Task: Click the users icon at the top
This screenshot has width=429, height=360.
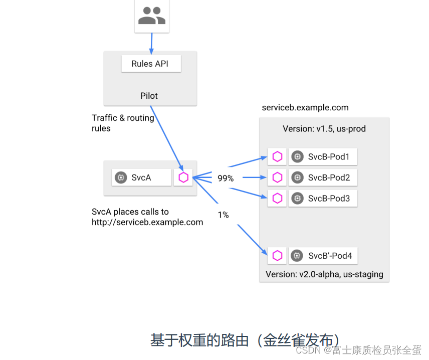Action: pyautogui.click(x=151, y=16)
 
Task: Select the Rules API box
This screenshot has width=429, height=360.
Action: pyautogui.click(x=151, y=64)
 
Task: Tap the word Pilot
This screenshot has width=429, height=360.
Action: pyautogui.click(x=149, y=96)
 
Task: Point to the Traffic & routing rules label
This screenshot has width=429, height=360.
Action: pyautogui.click(x=123, y=123)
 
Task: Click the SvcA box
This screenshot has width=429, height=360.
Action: pyautogui.click(x=141, y=177)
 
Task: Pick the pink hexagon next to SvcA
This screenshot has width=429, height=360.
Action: pyautogui.click(x=183, y=177)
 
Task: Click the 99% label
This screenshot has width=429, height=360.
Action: pyautogui.click(x=226, y=178)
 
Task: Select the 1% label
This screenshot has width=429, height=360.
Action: pyautogui.click(x=223, y=215)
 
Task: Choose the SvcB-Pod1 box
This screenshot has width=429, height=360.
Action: pyautogui.click(x=323, y=157)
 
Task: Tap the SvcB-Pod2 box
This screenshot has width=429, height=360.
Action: pyautogui.click(x=323, y=177)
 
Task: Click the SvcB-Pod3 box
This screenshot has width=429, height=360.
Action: pyautogui.click(x=323, y=199)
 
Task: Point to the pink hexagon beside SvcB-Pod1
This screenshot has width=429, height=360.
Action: pyautogui.click(x=277, y=157)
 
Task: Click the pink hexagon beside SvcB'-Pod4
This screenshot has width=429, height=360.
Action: pyautogui.click(x=277, y=256)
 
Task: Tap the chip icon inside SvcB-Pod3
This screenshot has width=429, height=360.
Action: pyautogui.click(x=297, y=199)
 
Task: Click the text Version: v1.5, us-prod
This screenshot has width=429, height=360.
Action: pyautogui.click(x=324, y=129)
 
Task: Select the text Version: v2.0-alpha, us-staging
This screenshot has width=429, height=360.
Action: pyautogui.click(x=324, y=274)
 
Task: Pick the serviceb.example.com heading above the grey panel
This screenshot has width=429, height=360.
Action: pyautogui.click(x=305, y=108)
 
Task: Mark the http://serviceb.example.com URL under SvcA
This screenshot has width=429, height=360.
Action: pyautogui.click(x=147, y=222)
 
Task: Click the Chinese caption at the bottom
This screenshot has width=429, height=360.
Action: pyautogui.click(x=248, y=340)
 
